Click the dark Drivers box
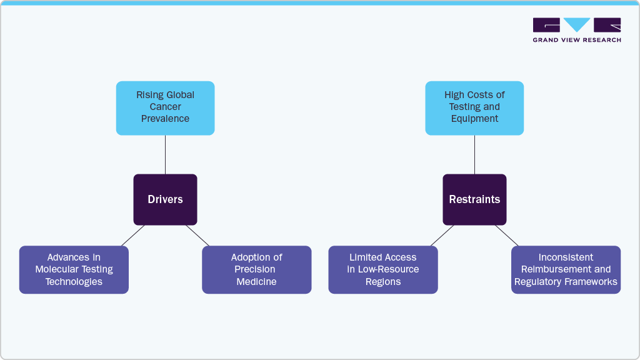pos(165,199)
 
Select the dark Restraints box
pos(474,199)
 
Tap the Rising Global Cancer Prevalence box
pos(165,107)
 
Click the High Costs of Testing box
pos(474,107)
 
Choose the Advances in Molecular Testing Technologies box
pos(74,269)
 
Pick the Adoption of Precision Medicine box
pos(256,269)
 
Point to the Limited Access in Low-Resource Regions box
pos(383,269)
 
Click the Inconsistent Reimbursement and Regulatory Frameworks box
pos(566,269)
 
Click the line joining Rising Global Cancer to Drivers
pos(165,154)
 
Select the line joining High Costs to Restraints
pos(474,154)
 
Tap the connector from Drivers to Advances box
pos(132,236)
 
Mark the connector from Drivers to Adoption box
pos(197,236)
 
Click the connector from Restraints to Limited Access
pos(442,236)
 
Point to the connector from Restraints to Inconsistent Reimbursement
pos(507,236)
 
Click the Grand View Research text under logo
pos(577,40)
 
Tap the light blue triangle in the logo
pos(577,24)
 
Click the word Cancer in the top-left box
pos(165,107)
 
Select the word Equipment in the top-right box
pos(474,119)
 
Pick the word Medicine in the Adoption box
pos(256,282)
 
